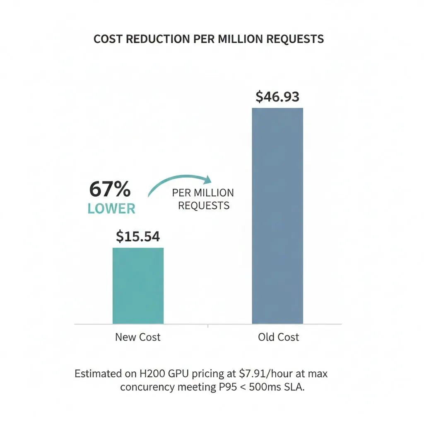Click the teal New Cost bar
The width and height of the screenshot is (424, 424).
point(138,286)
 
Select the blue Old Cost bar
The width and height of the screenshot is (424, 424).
point(277,215)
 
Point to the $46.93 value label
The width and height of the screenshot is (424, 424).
point(277,96)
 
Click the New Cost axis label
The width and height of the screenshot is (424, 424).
point(138,337)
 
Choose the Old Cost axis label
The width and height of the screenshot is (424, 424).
point(278,337)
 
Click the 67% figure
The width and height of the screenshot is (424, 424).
point(110,190)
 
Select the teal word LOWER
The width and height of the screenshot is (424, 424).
point(111,209)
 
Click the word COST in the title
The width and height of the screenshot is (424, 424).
point(108,39)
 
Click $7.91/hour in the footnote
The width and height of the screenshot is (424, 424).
point(260,373)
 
